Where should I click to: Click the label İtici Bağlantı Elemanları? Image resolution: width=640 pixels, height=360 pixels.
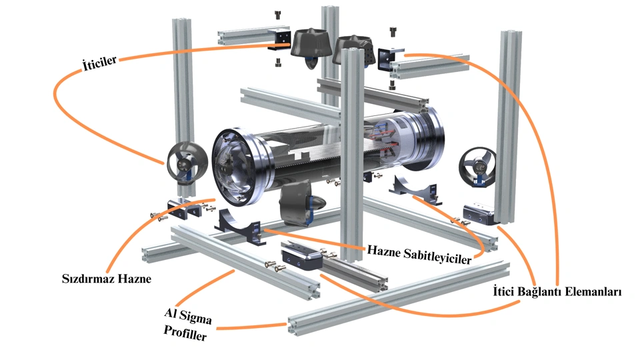[556, 292]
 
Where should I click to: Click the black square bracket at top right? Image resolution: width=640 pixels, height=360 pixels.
[388, 58]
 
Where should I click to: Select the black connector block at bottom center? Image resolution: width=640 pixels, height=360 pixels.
[301, 255]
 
